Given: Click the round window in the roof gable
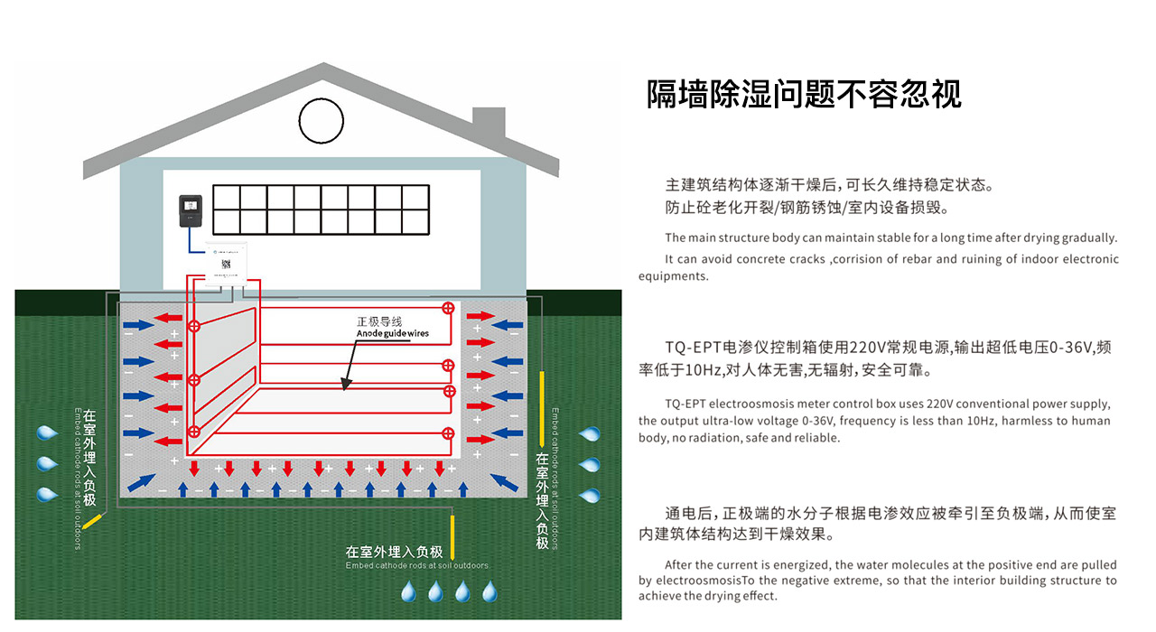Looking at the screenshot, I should coord(322,121).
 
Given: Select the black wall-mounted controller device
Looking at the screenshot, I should coord(190,209).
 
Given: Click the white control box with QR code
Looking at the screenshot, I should coord(227,264).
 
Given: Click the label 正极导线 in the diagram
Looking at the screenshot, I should coord(378,321).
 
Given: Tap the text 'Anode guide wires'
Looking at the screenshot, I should coord(392,334).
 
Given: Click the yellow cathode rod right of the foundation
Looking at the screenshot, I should coord(541,408).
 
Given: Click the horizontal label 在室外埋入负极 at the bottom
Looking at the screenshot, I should coord(394,552).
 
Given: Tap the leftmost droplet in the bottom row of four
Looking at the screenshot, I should coord(409,591).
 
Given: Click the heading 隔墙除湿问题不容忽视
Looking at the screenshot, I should coord(804,94).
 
